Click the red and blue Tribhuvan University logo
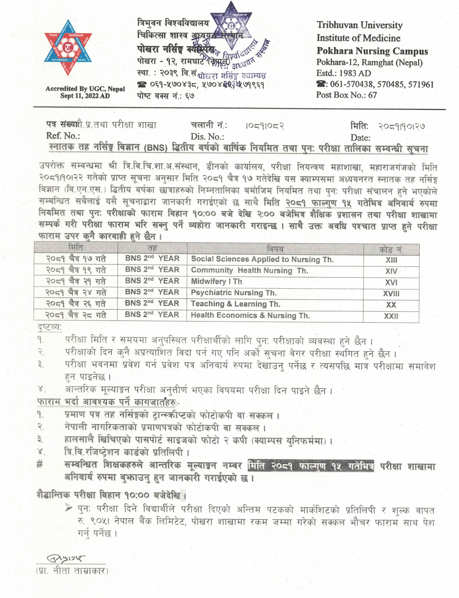click(x=68, y=48)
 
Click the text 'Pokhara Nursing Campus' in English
click(x=372, y=51)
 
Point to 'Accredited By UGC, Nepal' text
click(x=85, y=89)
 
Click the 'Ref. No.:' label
click(x=63, y=136)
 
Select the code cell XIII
click(x=391, y=260)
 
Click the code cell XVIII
click(x=391, y=294)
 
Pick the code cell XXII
click(x=391, y=316)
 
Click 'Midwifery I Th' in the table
click(x=216, y=281)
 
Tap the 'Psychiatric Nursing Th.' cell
click(x=234, y=293)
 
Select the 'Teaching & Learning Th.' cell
click(x=236, y=304)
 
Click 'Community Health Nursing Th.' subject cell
click(x=249, y=270)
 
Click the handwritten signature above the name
click(x=66, y=558)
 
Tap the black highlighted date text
click(x=311, y=466)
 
